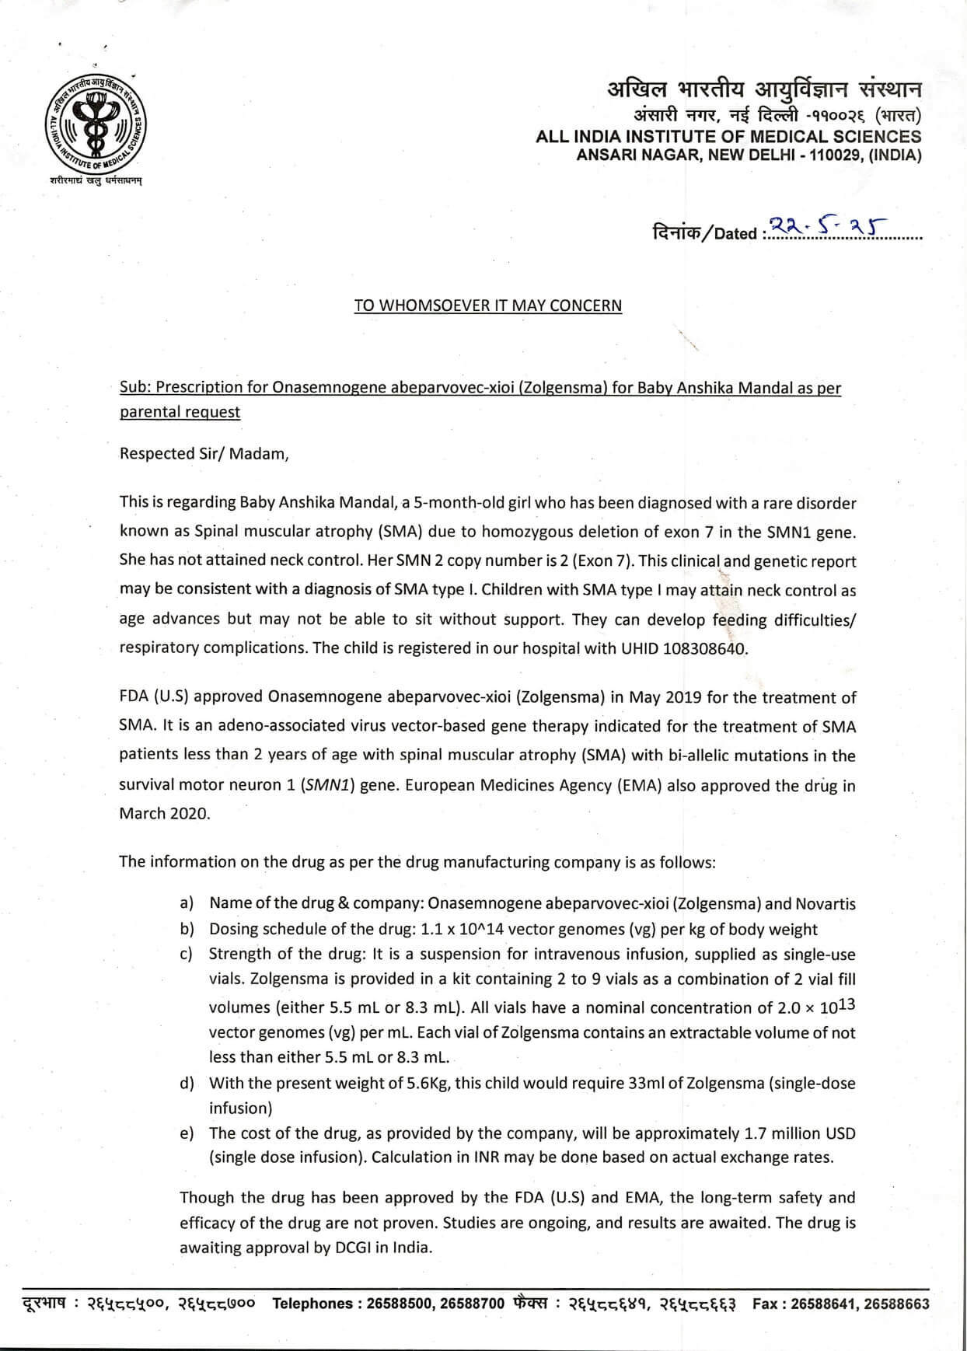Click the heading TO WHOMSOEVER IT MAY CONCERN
[488, 305]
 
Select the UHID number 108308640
[704, 648]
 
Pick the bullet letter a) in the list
[187, 903]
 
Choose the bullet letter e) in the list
[187, 1133]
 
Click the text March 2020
[165, 814]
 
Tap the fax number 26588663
[896, 1304]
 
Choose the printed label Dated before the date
[735, 234]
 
